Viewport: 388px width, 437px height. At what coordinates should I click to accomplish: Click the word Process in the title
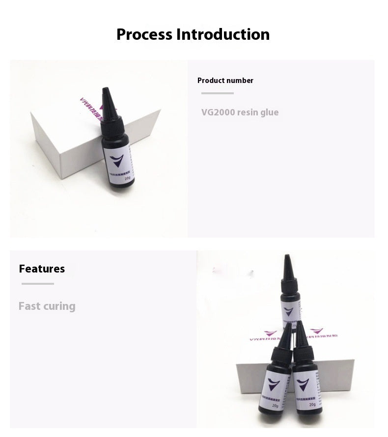tap(144, 34)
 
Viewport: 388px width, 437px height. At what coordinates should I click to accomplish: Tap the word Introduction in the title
tap(223, 34)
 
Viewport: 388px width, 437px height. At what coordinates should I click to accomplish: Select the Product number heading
tap(225, 81)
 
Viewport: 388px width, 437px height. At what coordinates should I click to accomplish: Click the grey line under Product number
tap(218, 93)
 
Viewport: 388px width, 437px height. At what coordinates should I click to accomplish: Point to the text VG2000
tap(218, 112)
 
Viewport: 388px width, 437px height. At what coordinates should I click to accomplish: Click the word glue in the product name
tap(270, 112)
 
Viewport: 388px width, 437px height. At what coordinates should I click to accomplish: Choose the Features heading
tap(42, 269)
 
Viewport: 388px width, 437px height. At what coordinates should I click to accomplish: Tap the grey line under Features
tap(38, 283)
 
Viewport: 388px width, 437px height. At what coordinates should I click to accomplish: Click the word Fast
tap(29, 306)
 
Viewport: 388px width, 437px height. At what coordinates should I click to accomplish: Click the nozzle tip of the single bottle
tap(105, 89)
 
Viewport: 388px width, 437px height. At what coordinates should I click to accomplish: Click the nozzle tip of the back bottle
tap(286, 256)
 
